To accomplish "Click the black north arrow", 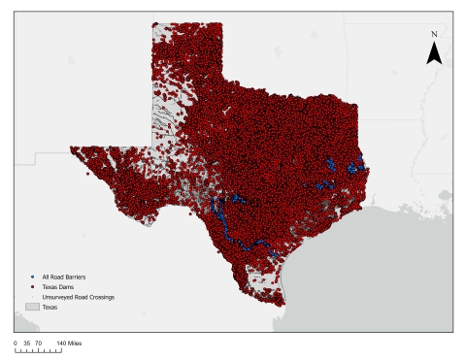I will pyautogui.click(x=435, y=54).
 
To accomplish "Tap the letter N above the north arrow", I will pyautogui.click(x=435, y=35).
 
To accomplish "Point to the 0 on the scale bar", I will pyautogui.click(x=16, y=343).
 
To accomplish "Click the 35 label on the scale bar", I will pyautogui.click(x=26, y=343).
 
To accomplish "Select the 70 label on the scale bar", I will pyautogui.click(x=38, y=343).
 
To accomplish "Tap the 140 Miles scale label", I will pyautogui.click(x=68, y=343).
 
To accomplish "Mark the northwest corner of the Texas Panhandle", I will pyautogui.click(x=152, y=23).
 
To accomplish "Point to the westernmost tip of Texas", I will pyautogui.click(x=70, y=148).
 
